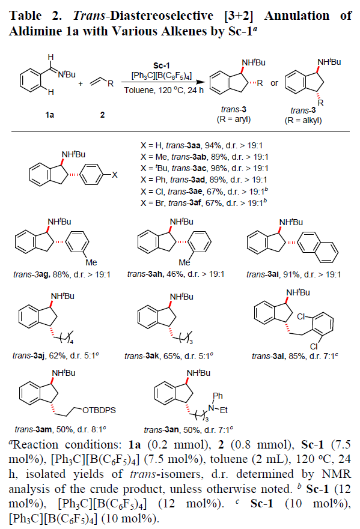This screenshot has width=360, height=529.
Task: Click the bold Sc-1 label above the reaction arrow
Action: click(162, 65)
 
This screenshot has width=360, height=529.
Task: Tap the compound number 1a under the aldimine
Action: click(50, 115)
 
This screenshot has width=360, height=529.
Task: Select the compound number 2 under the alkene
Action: click(102, 115)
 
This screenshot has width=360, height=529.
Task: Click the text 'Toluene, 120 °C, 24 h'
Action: click(164, 91)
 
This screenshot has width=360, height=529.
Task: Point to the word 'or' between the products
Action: click(274, 83)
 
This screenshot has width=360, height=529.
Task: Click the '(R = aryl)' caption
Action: click(234, 119)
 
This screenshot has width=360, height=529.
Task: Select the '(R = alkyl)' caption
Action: click(304, 121)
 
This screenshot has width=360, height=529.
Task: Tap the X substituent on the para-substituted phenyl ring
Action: click(115, 175)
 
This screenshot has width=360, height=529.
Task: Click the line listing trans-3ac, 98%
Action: click(204, 168)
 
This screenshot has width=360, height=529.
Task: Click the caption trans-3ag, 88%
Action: click(62, 274)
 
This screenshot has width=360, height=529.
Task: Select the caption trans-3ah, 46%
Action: click(175, 274)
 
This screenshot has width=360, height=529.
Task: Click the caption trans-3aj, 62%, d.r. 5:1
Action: click(56, 355)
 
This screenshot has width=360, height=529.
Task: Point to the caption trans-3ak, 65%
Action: click(169, 356)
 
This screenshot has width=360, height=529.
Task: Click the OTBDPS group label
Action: click(99, 410)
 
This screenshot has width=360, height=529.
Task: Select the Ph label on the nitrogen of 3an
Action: click(218, 396)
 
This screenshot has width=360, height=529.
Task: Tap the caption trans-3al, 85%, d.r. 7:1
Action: click(295, 356)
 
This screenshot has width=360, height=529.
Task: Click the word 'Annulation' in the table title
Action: click(297, 16)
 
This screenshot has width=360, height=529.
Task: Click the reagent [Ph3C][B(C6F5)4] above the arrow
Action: click(162, 76)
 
